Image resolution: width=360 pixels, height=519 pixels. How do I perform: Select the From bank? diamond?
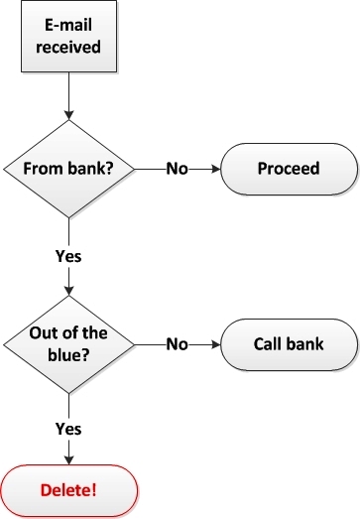tap(68, 168)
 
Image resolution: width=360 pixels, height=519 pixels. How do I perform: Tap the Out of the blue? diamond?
tap(68, 345)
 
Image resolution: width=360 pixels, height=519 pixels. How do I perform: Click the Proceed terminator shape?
tap(288, 168)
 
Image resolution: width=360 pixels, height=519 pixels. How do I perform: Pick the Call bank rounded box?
tap(288, 345)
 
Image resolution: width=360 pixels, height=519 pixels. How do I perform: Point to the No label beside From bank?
tap(177, 168)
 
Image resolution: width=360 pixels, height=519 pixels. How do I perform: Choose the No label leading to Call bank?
tap(177, 345)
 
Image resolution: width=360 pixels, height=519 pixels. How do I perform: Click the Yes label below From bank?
tap(68, 255)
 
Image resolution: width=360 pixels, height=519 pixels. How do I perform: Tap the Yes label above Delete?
tap(68, 430)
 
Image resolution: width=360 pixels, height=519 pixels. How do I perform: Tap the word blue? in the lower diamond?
tap(68, 355)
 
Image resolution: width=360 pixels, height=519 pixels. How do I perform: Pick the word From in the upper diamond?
tap(46, 168)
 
